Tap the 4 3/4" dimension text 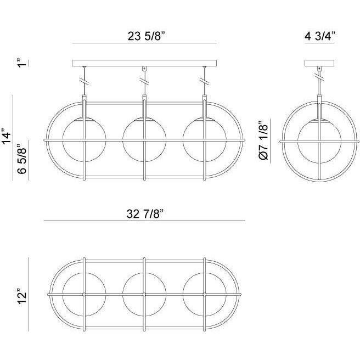(319, 36)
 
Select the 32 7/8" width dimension (144, 214)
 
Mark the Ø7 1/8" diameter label (263, 140)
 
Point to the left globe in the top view (84, 294)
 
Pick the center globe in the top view (144, 294)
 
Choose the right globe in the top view (204, 294)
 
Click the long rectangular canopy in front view (144, 64)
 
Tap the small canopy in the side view (319, 63)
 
